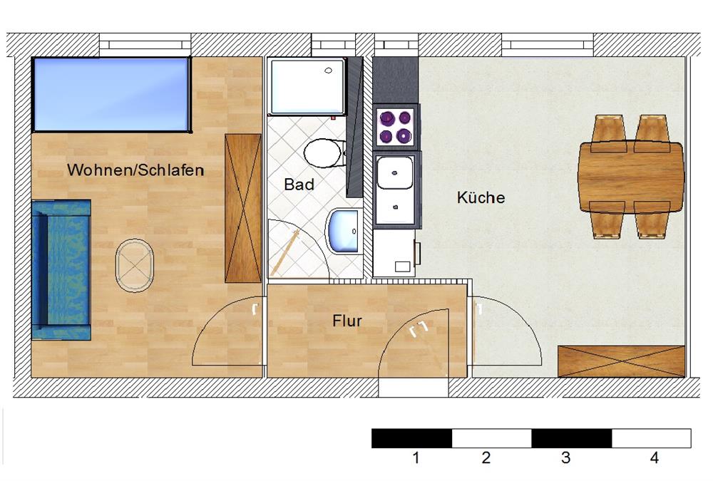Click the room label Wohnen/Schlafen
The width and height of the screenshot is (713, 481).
tap(135, 170)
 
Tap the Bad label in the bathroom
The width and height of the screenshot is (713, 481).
tap(299, 184)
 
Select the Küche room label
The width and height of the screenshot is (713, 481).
tap(481, 197)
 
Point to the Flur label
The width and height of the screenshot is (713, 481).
tap(347, 321)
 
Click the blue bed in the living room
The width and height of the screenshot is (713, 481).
tap(111, 95)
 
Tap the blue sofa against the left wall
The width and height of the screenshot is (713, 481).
tap(61, 270)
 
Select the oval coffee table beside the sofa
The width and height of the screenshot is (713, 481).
tap(134, 266)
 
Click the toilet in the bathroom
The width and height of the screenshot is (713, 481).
tap(324, 152)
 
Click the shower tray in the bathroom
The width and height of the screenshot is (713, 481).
tap(307, 86)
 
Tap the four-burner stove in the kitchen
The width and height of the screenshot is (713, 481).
tap(395, 127)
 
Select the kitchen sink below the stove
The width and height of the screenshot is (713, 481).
tap(395, 190)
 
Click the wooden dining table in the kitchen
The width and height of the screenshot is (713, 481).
tap(631, 177)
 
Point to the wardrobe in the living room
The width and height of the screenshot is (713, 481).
tap(243, 208)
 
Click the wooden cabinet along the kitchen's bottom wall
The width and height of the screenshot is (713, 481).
tap(621, 361)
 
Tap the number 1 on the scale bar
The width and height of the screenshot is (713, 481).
tap(416, 457)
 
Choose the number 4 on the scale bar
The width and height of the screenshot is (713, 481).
tap(654, 457)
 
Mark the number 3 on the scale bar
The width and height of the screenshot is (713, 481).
tap(565, 457)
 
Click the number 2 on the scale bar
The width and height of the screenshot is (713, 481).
tap(486, 457)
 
